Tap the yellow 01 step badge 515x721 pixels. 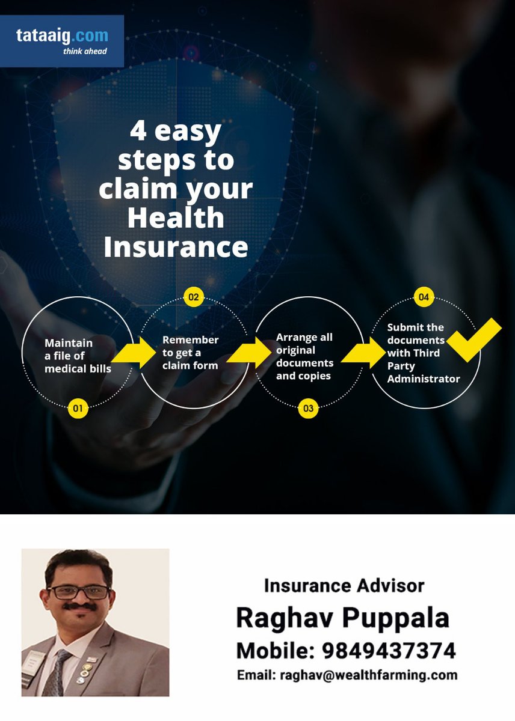click(78, 409)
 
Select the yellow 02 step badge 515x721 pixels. click(193, 297)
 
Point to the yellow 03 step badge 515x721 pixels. click(308, 409)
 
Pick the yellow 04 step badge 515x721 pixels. click(424, 297)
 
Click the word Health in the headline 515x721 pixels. click(176, 218)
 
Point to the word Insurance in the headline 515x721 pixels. click(176, 247)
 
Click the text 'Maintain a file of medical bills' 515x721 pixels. click(78, 356)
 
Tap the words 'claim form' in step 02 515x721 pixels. click(190, 365)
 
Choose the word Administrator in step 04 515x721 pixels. click(424, 379)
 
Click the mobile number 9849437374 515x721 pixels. click(389, 650)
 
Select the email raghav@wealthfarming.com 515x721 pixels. click(369, 675)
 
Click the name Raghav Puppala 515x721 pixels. click(342, 618)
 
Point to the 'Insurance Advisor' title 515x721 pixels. click(344, 585)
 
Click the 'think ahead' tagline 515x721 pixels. click(85, 52)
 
